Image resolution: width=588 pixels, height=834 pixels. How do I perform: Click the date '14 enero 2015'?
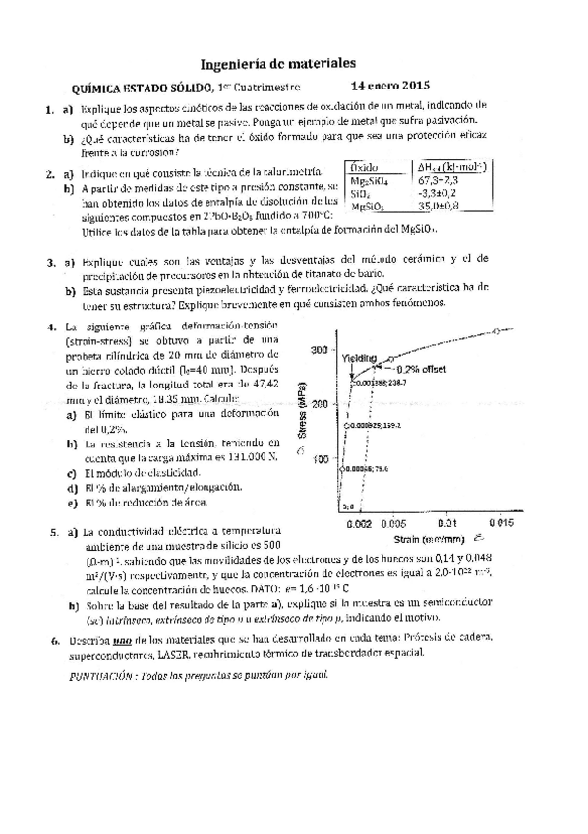pos(390,86)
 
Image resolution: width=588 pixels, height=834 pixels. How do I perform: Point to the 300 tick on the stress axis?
pos(318,350)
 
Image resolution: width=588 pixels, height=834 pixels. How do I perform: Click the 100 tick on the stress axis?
pos(318,459)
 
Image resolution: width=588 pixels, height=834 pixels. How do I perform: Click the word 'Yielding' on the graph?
pos(359,359)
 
